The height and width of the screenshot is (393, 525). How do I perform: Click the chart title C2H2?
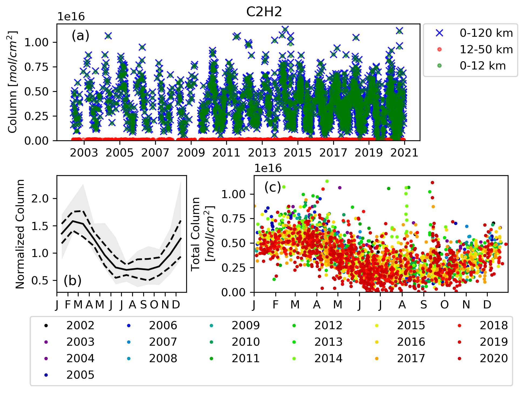coord(264,12)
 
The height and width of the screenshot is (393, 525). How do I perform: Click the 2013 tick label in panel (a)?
coord(262,153)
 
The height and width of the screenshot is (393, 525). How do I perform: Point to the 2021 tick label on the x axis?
coord(404,153)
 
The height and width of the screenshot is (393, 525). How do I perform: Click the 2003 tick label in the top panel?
coord(84,153)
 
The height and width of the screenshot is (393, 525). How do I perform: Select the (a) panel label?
coord(80,36)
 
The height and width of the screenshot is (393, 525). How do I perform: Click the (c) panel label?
coord(273,187)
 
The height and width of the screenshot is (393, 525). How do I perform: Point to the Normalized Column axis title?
coord(20,234)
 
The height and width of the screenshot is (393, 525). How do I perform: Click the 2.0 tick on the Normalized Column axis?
coord(40,199)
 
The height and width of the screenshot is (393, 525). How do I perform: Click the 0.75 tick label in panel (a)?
coord(37,67)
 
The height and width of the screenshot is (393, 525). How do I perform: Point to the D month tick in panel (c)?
coord(487,305)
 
